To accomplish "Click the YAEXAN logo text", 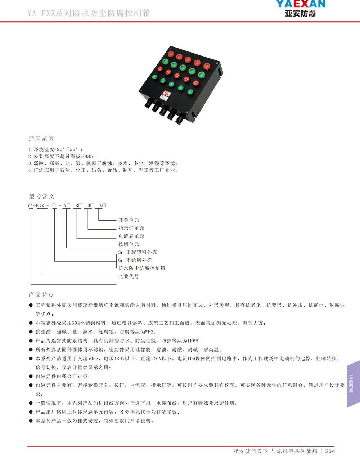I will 301,4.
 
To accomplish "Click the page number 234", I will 330,451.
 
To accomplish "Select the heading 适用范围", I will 41,139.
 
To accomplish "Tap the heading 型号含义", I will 41,196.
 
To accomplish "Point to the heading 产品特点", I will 41,294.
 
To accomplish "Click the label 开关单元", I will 129,220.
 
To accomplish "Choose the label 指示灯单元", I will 131,228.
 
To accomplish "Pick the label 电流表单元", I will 131,236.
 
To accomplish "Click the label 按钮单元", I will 129,244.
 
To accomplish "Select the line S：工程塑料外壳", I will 138,252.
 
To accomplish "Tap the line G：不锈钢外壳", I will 135,260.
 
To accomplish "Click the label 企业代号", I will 129,276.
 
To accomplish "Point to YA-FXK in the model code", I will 36,206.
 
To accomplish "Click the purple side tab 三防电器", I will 351,384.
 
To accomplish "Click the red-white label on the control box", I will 166,94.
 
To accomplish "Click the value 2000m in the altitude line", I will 87,156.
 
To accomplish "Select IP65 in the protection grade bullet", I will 193,341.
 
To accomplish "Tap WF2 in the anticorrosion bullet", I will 150,332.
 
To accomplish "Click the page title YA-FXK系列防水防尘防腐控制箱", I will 89,13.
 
